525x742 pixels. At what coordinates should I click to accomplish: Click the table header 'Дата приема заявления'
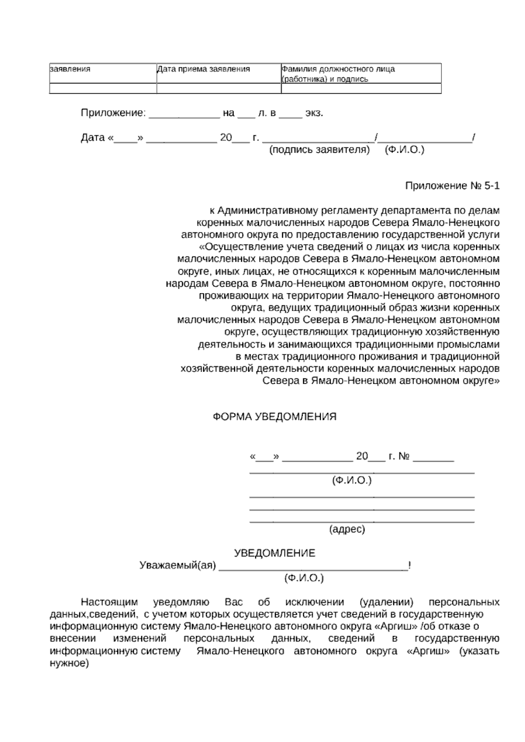pyautogui.click(x=203, y=69)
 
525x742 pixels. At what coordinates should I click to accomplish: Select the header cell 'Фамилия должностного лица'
pyautogui.click(x=338, y=69)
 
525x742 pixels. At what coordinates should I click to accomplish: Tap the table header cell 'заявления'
pyautogui.click(x=70, y=69)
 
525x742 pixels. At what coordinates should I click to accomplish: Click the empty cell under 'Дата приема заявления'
pyautogui.click(x=219, y=88)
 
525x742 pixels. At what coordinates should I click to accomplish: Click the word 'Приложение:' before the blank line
pyautogui.click(x=113, y=113)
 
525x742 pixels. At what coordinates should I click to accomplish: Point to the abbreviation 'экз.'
pyautogui.click(x=314, y=113)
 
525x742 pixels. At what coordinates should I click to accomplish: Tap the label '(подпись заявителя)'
pyautogui.click(x=319, y=150)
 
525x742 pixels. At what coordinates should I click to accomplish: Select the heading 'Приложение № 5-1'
pyautogui.click(x=452, y=186)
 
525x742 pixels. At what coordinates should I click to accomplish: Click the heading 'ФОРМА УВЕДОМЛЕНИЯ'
pyautogui.click(x=274, y=416)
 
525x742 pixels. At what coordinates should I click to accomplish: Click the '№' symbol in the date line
pyautogui.click(x=404, y=456)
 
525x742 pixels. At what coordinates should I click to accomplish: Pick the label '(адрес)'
pyautogui.click(x=346, y=529)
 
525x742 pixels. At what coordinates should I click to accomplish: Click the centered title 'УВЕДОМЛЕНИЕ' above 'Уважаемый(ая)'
pyautogui.click(x=274, y=553)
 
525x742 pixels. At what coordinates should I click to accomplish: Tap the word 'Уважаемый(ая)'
pyautogui.click(x=178, y=565)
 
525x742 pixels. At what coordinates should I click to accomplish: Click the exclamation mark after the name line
pyautogui.click(x=409, y=565)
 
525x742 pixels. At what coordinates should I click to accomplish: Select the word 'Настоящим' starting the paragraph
pyautogui.click(x=109, y=602)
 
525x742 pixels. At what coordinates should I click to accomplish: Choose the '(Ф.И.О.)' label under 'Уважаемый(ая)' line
pyautogui.click(x=304, y=578)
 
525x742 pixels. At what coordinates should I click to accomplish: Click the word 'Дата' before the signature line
pyautogui.click(x=93, y=138)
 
